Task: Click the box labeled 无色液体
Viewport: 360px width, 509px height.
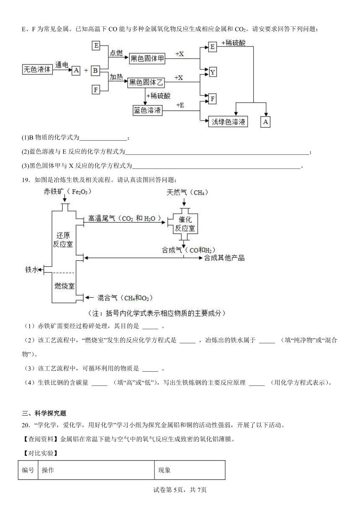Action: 37,69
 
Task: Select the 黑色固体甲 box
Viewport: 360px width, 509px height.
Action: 147,59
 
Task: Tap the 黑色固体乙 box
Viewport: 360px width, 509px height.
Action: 146,82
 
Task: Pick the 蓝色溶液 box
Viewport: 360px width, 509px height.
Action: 147,111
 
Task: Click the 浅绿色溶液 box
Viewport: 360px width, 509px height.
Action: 228,122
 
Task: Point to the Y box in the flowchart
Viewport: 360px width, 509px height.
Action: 213,72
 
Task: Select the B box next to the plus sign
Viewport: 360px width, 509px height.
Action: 95,70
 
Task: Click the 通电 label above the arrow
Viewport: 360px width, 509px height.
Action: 62,65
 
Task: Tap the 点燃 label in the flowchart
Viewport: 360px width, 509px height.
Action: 116,53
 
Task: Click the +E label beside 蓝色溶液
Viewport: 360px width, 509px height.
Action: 180,105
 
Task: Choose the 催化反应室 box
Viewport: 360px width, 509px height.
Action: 185,224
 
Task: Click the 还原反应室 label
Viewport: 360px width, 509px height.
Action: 63,240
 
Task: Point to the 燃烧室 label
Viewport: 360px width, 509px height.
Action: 64,286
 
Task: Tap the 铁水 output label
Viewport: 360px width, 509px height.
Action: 31,270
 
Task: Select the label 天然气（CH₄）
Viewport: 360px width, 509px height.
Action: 187,193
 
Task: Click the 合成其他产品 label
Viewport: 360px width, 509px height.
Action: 224,258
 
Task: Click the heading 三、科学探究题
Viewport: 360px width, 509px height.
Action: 44,413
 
